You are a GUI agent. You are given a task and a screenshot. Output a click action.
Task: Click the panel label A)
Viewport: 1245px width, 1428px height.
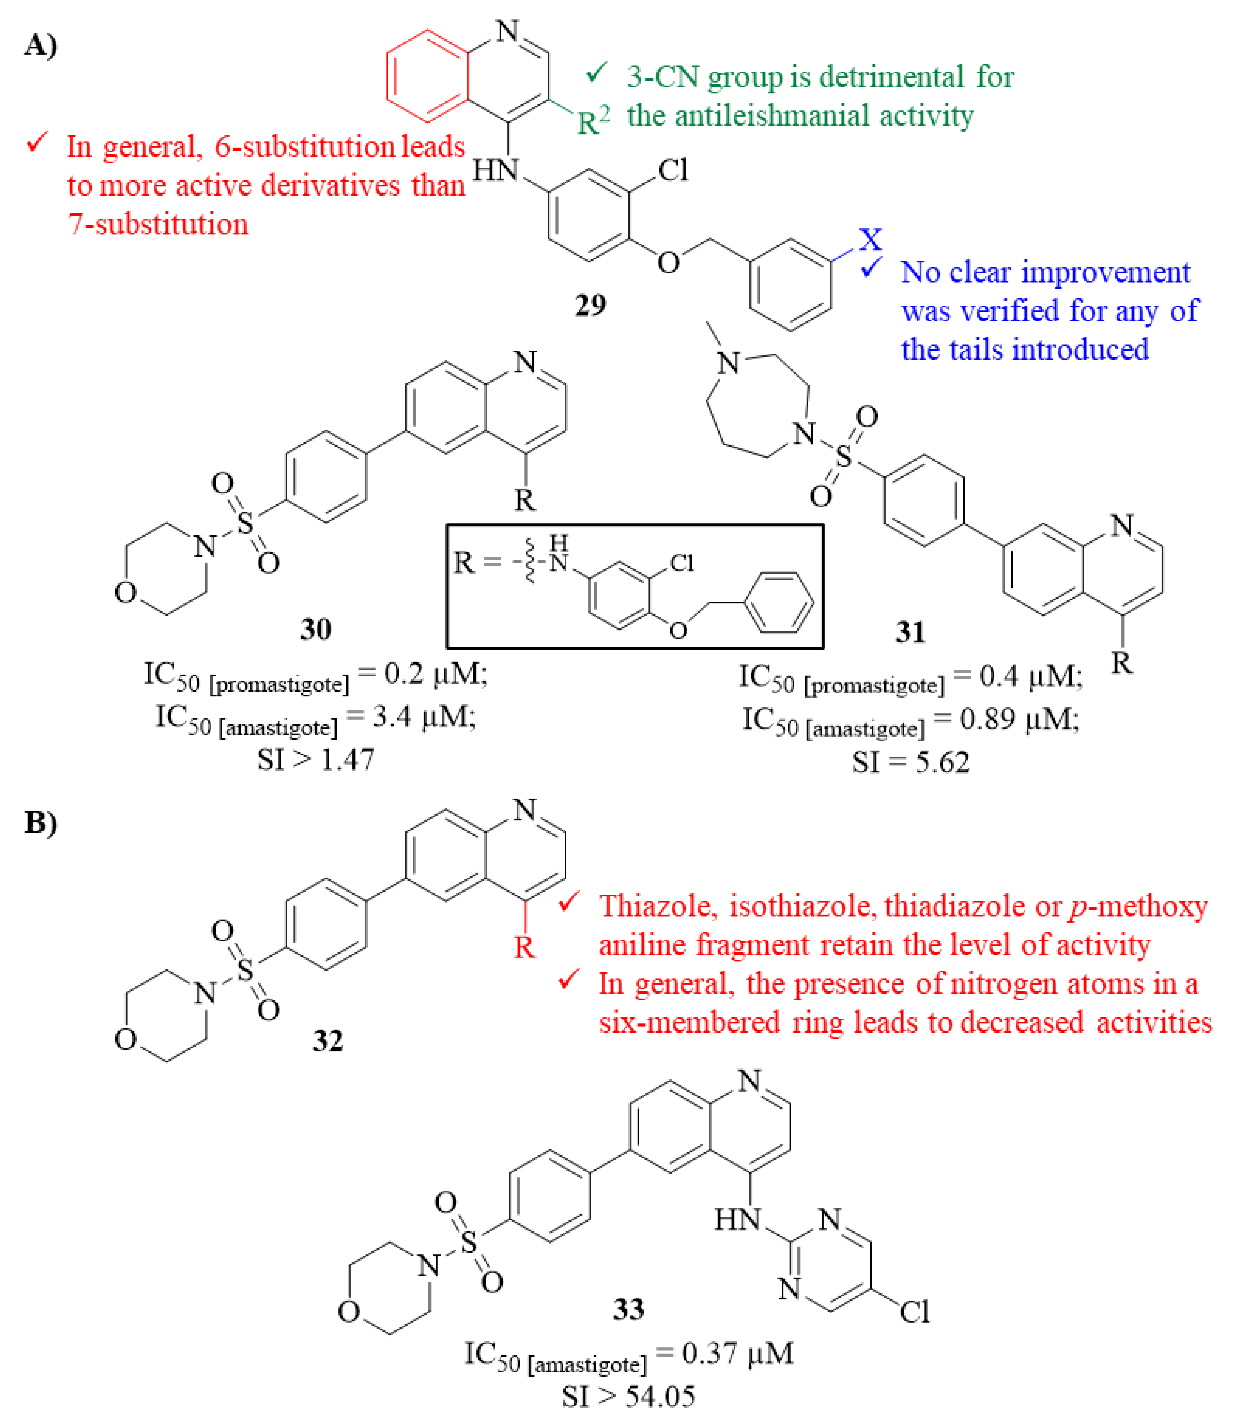click(40, 46)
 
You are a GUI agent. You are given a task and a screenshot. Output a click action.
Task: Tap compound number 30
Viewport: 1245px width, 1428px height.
click(316, 629)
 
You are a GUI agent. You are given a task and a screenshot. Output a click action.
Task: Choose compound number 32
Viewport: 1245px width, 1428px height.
click(327, 1040)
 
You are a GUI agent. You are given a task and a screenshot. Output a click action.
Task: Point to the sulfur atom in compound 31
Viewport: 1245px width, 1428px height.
click(843, 456)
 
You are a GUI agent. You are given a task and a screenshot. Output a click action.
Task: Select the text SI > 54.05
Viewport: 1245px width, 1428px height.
click(628, 1397)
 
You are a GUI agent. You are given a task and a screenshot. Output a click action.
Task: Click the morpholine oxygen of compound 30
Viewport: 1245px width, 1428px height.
click(126, 593)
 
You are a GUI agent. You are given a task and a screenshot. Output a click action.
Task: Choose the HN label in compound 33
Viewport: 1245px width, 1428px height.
click(738, 1219)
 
